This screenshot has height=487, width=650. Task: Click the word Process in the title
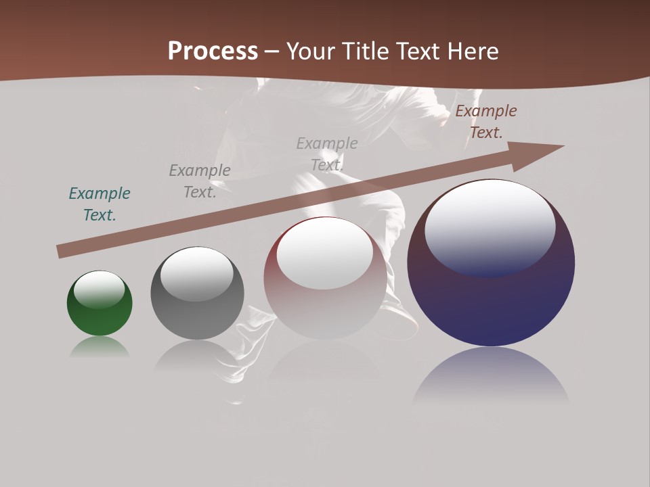pos(213,51)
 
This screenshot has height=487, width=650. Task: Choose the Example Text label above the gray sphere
pos(200,181)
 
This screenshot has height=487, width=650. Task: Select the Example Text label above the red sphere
pos(327,154)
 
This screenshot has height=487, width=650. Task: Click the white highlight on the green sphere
pos(99,289)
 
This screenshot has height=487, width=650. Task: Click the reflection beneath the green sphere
pos(100,347)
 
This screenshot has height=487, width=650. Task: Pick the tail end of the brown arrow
pos(62,252)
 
